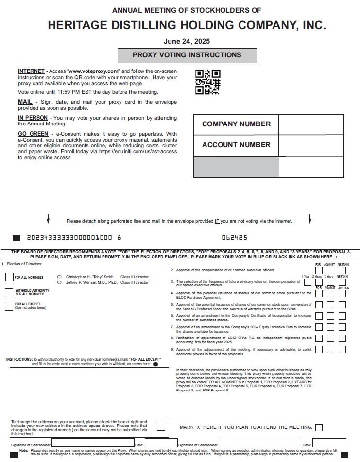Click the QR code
[208, 82]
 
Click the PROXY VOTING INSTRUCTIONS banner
[187, 55]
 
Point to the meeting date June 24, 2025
[187, 41]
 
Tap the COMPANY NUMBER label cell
[236, 124]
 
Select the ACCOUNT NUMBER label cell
[236, 145]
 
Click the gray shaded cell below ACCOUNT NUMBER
[236, 167]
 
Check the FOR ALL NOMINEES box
[9, 277]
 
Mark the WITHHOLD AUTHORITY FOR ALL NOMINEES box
[9, 292]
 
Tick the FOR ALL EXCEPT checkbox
[9, 306]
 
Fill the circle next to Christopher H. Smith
[59, 276]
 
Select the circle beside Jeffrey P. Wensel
[59, 282]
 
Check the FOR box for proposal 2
[318, 270]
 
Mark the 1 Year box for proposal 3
[307, 282]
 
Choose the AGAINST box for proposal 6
[330, 316]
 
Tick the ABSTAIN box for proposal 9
[343, 349]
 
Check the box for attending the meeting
[319, 427]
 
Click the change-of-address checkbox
[161, 426]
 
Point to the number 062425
[234, 238]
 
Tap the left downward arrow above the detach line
[48, 219]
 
